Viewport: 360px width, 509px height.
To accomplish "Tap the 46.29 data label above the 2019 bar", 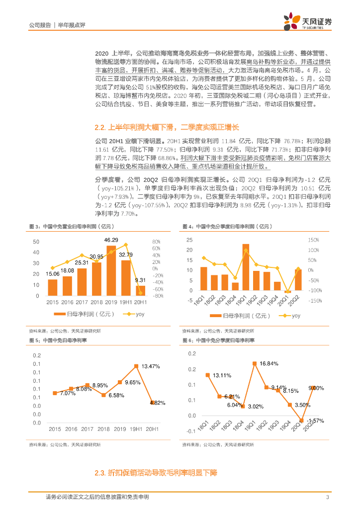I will click(x=111, y=241).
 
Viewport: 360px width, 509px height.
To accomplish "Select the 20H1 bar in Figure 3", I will click(x=141, y=290).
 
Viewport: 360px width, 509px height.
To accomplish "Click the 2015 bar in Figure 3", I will click(x=53, y=287).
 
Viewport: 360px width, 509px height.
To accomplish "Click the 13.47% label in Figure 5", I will click(x=151, y=366).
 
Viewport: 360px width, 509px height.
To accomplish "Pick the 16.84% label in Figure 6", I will click(x=269, y=364).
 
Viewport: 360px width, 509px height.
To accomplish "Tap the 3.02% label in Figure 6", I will click(x=256, y=407).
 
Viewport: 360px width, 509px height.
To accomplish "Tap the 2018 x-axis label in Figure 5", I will click(x=103, y=428).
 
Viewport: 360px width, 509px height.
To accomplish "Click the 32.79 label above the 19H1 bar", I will click(x=126, y=255).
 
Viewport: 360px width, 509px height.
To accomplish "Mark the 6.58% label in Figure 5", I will click(x=116, y=395).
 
